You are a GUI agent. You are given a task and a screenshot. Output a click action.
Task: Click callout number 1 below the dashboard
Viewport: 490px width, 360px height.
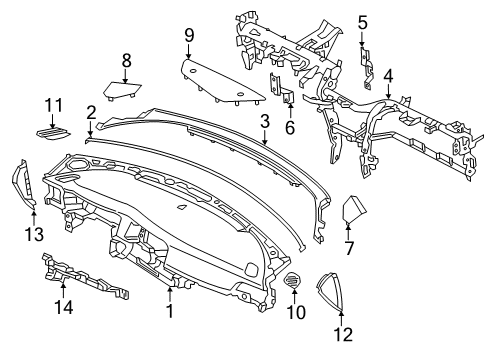click(169, 312)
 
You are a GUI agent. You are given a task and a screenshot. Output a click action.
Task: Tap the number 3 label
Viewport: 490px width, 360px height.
click(264, 122)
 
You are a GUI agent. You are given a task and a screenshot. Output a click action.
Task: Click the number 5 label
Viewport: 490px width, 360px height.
click(363, 22)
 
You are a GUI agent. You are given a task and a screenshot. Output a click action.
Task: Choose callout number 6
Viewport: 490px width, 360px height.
click(290, 126)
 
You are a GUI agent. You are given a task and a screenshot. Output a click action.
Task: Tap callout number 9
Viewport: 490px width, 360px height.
click(188, 37)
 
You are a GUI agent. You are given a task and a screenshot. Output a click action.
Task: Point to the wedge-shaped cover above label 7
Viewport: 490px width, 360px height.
click(354, 212)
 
